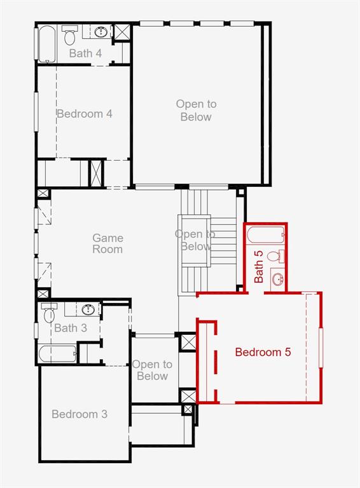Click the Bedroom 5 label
click(263, 352)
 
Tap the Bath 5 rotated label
click(259, 267)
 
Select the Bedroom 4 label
click(85, 114)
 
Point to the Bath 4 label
click(85, 53)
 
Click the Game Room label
click(107, 244)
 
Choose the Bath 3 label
click(71, 328)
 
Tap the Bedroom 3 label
click(80, 414)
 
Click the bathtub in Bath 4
click(47, 44)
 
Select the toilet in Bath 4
click(70, 35)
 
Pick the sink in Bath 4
click(101, 32)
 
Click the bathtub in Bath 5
click(265, 234)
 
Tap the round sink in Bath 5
click(277, 278)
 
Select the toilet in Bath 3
click(49, 313)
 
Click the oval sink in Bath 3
click(89, 309)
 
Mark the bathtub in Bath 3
click(58, 354)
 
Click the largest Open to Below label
click(196, 111)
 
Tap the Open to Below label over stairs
click(195, 240)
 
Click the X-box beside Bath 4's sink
click(121, 32)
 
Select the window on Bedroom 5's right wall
click(321, 348)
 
